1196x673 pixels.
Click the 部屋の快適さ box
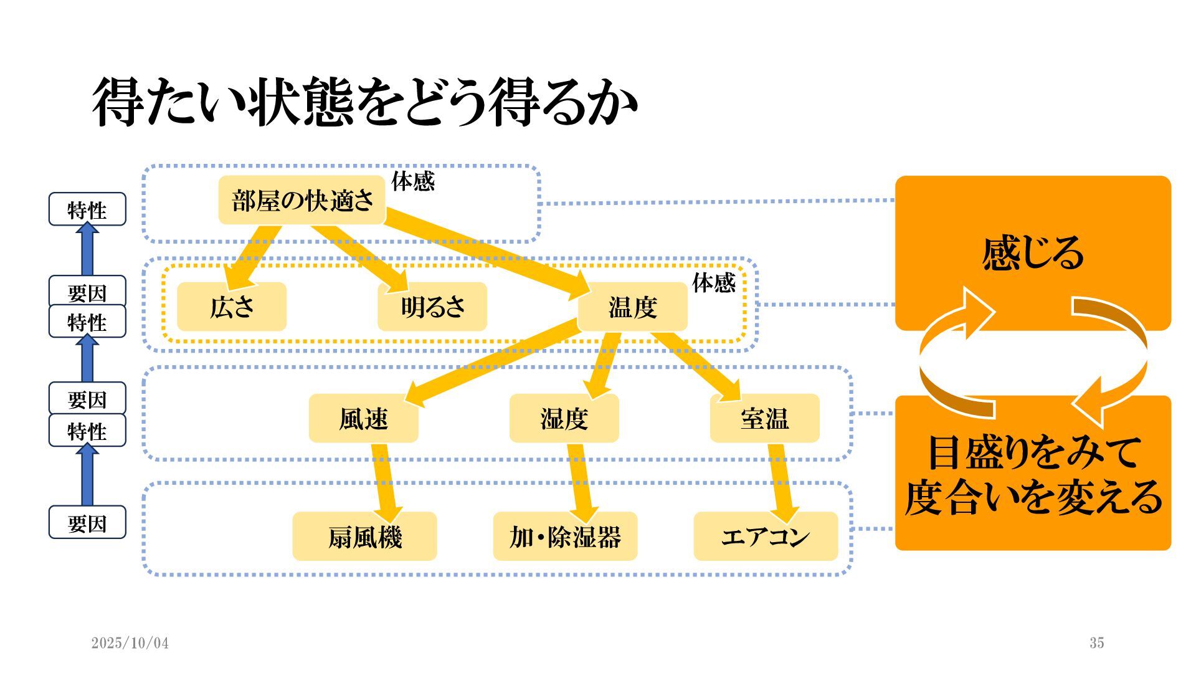point(302,201)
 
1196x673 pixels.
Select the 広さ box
point(232,307)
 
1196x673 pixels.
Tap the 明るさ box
point(432,307)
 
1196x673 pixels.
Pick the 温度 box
point(633,307)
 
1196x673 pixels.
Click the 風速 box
point(363,418)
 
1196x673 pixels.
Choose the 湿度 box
point(564,418)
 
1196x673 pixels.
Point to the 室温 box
point(764,418)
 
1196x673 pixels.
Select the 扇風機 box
point(364,537)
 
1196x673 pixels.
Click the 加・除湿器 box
point(565,537)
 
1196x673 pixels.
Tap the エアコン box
point(766,537)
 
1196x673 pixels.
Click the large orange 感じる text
point(1033,253)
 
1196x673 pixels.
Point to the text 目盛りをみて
point(1033,452)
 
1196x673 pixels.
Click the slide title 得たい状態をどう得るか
point(365,102)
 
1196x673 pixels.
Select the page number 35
point(1096,643)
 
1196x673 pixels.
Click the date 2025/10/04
point(130,643)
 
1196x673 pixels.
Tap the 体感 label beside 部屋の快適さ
point(412,181)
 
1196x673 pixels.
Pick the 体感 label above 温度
point(713,283)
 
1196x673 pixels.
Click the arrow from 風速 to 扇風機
point(386,480)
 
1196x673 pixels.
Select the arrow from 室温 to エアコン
point(781,480)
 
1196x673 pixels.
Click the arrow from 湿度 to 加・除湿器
point(581,480)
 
